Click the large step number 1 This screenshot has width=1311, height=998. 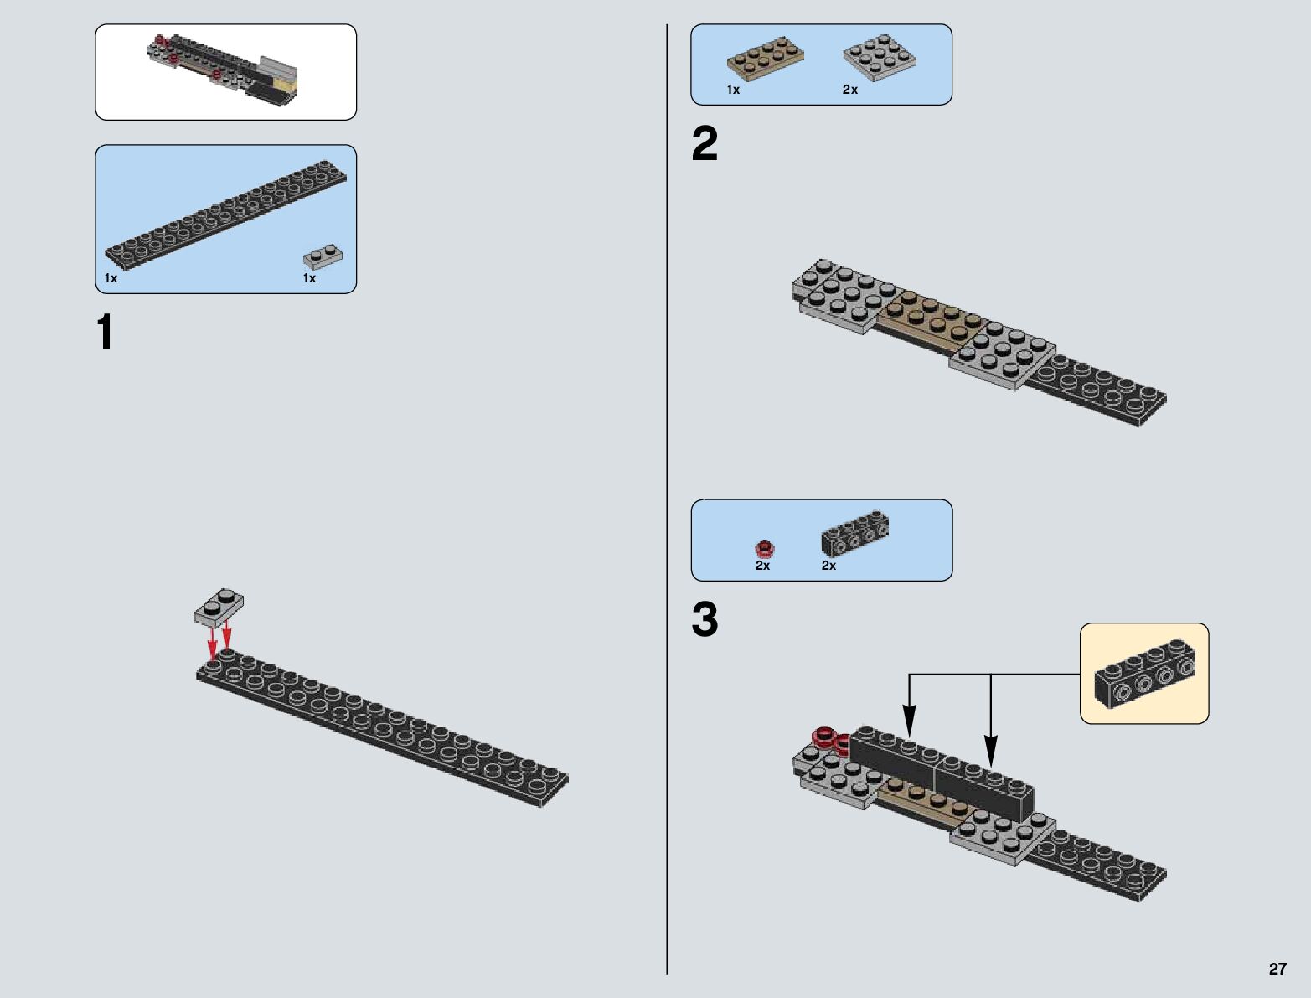pos(105,333)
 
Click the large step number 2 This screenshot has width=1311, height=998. pos(705,144)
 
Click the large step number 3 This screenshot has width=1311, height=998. pos(705,620)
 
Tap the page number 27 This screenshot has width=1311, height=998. pos(1277,969)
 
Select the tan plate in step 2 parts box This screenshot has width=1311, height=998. pos(765,59)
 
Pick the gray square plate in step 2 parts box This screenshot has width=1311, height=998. pos(879,57)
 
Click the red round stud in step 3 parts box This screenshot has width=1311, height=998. pos(764,549)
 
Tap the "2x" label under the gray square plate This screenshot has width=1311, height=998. pos(850,90)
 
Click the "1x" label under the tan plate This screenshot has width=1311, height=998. pos(734,90)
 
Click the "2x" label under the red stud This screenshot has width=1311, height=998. pos(762,566)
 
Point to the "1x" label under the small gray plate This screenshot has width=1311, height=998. pos(310,278)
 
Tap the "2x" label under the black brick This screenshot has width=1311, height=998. pos(828,566)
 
